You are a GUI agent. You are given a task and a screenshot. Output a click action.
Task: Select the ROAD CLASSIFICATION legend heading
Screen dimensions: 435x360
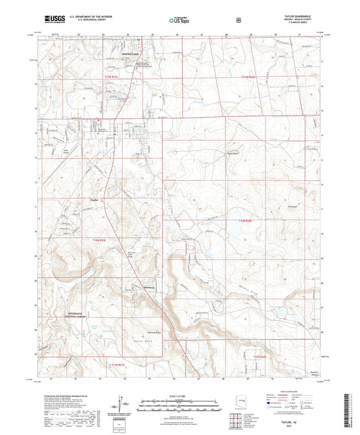(x=289, y=390)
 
